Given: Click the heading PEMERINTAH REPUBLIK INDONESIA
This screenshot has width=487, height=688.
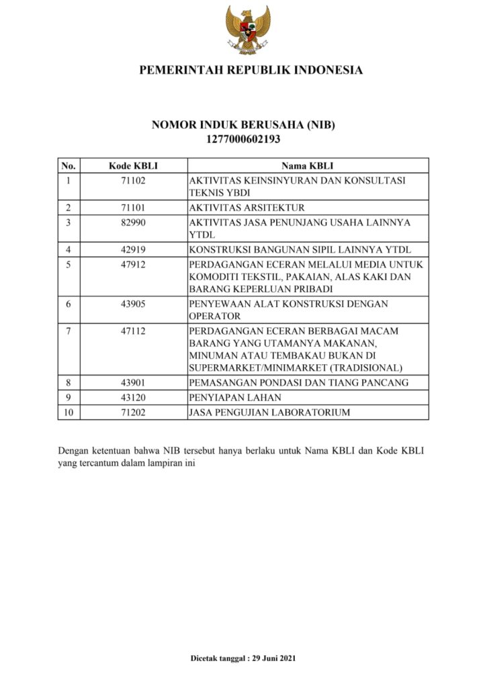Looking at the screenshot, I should point(251,70).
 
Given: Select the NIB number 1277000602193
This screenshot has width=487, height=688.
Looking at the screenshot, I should point(242,140).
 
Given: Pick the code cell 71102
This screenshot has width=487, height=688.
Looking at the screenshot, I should point(133,181).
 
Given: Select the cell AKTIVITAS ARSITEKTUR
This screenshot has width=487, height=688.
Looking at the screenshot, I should point(247,208).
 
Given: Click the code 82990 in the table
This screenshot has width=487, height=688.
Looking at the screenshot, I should point(133,222).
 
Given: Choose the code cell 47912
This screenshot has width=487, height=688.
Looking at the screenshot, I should point(133,265).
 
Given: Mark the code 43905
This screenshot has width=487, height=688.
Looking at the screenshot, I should point(133,304).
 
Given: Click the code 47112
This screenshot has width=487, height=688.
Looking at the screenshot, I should point(133,331).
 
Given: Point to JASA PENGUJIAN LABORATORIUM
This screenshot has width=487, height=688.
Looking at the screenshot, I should point(269,412).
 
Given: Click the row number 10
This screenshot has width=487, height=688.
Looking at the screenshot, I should point(69,412).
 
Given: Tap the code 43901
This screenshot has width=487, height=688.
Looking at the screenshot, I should point(133,382).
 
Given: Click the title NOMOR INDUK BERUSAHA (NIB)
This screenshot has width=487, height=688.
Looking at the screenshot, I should point(242,126).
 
